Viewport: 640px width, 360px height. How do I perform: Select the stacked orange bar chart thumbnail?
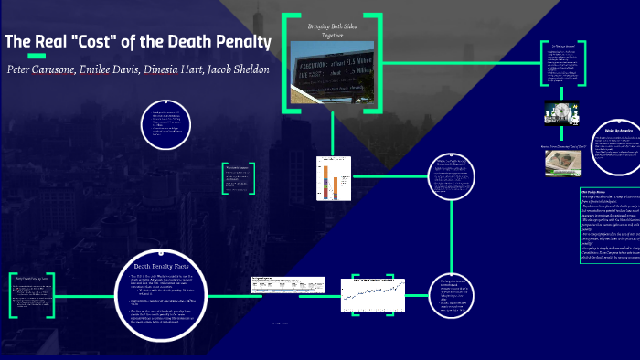tap(328, 178)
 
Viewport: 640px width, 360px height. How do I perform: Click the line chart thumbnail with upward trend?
tap(373, 293)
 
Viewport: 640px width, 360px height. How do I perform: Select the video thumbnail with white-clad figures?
tap(564, 112)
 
